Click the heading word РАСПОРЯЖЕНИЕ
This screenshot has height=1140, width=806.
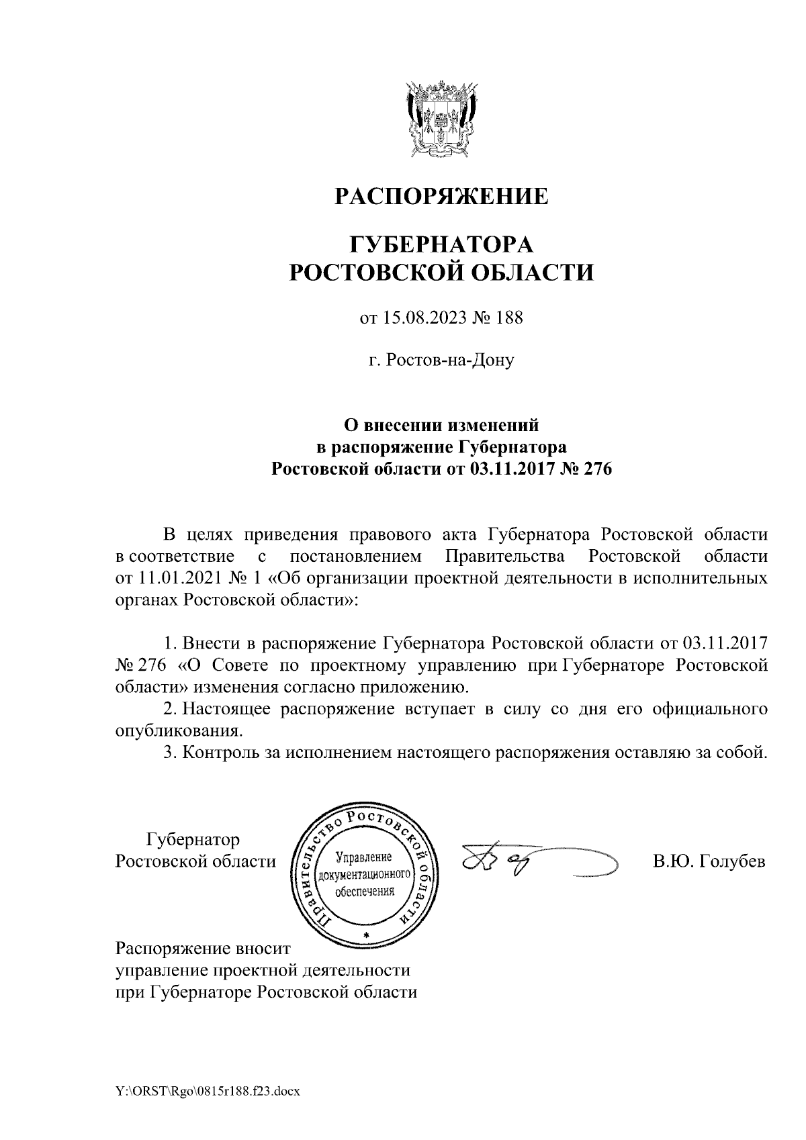pyautogui.click(x=441, y=197)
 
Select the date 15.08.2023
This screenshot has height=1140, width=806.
pyautogui.click(x=424, y=318)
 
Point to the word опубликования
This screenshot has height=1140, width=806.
pyautogui.click(x=178, y=730)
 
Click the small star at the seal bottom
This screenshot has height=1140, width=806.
pyautogui.click(x=365, y=935)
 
